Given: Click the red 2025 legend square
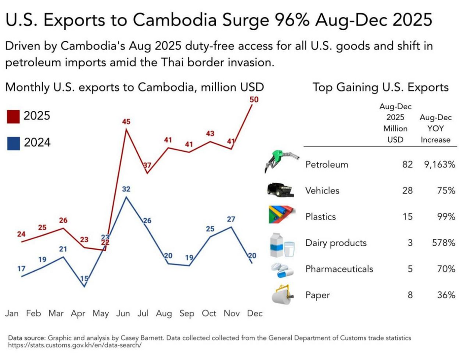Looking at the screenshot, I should [14, 116].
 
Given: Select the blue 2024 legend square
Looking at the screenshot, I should [14, 143].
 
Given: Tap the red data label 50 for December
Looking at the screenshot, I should [254, 100].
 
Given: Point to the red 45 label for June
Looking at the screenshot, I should [126, 122].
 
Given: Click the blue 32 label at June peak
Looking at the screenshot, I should [126, 189].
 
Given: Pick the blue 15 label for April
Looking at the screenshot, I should [84, 279].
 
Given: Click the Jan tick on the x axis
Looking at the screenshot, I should [12, 313].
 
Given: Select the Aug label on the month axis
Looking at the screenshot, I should [164, 313].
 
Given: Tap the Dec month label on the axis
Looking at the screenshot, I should [255, 313].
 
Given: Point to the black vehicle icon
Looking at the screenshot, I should [280, 190].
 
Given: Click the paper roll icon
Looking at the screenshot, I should [281, 295].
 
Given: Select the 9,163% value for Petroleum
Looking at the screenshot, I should [437, 165].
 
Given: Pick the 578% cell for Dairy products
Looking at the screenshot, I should [444, 243].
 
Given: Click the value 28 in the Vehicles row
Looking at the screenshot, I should [407, 191].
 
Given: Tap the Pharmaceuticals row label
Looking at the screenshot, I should [339, 269].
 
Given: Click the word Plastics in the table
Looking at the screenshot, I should [321, 216].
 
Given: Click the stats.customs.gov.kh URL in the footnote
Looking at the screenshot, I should [75, 346].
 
